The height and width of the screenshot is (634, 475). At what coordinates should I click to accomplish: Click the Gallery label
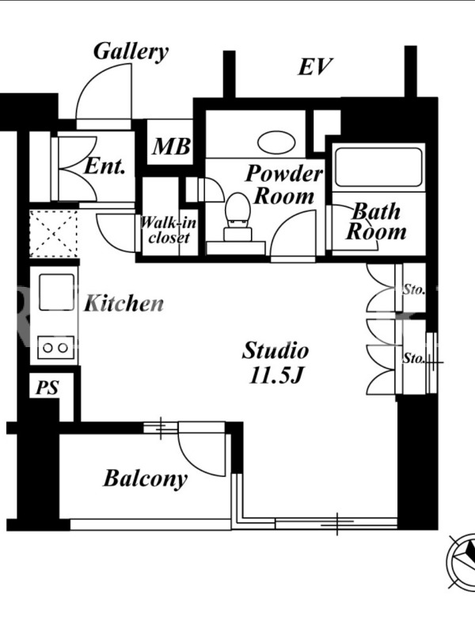(x=131, y=52)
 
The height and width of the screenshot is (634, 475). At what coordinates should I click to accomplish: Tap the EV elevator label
(x=315, y=67)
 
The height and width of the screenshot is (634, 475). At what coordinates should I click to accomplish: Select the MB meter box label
(x=171, y=147)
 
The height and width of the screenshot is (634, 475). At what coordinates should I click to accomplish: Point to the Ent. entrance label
(x=104, y=166)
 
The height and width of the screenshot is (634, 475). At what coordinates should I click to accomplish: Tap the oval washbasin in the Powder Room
(x=276, y=142)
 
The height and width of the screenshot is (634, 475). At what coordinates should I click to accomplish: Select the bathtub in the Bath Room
(x=378, y=167)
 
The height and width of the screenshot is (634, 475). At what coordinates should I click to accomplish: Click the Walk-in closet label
(x=169, y=230)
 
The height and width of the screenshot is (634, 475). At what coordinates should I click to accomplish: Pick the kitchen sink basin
(x=56, y=292)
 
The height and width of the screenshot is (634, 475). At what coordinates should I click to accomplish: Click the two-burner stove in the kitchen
(x=56, y=347)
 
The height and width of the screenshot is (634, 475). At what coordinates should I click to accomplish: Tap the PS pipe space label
(x=47, y=388)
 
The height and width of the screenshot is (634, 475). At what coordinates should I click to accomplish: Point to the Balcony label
(x=146, y=479)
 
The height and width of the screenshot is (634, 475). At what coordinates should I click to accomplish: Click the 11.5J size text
(x=276, y=376)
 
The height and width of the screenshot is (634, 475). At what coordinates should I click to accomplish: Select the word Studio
(x=275, y=350)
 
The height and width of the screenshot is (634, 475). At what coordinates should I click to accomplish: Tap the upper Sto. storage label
(x=414, y=289)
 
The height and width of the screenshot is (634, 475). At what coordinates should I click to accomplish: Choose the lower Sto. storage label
(x=413, y=358)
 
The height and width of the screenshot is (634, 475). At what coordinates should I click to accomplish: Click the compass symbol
(x=462, y=560)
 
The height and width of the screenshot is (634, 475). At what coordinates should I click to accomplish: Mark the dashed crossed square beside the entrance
(x=53, y=233)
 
